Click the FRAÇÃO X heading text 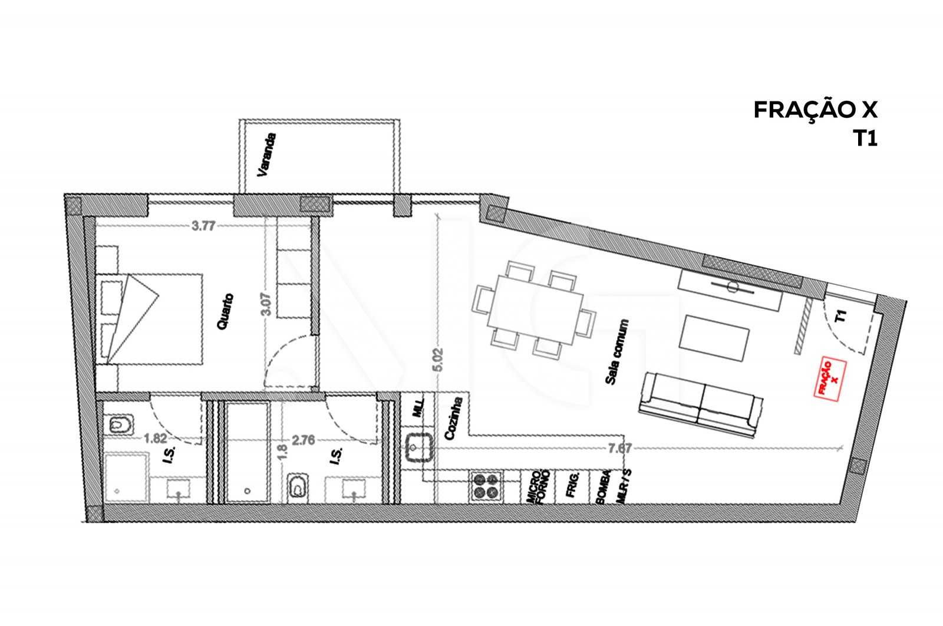[x=815, y=110]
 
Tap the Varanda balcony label [x=266, y=155]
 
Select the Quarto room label [x=225, y=311]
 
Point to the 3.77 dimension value [x=203, y=226]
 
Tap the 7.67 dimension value [x=619, y=449]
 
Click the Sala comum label [x=618, y=352]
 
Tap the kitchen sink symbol [x=419, y=447]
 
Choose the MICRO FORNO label [x=538, y=486]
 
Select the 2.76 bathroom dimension [x=304, y=439]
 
